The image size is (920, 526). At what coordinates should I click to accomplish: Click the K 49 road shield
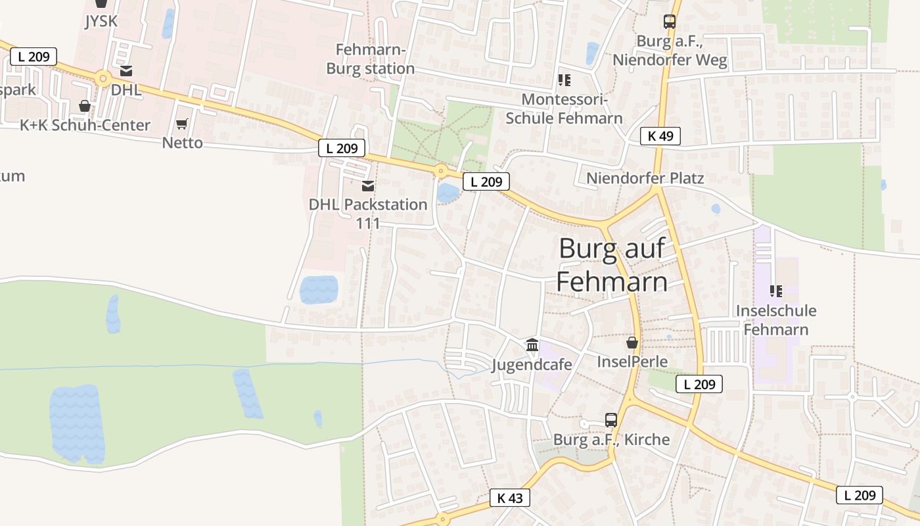[x=660, y=136]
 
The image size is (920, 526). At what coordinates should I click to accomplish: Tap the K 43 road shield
[x=510, y=498]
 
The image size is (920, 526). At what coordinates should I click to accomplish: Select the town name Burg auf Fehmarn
[x=612, y=265]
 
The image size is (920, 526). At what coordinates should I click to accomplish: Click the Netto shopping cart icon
[x=182, y=124]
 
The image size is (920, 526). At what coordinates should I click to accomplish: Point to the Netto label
[x=182, y=143]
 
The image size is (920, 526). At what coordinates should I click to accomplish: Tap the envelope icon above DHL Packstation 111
[x=368, y=186]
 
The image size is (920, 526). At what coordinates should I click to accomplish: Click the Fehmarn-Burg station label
[x=371, y=59]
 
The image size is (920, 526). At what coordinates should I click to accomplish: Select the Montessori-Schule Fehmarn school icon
[x=564, y=80]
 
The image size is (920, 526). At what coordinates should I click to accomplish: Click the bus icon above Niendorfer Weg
[x=670, y=22]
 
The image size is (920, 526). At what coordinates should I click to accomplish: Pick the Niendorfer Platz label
[x=645, y=178]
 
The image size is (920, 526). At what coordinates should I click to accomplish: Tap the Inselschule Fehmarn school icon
[x=776, y=291]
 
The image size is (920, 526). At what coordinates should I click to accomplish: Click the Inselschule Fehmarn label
[x=776, y=320]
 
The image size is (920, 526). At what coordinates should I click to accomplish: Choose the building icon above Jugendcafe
[x=532, y=345]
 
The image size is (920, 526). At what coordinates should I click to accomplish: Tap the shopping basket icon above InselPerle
[x=632, y=343]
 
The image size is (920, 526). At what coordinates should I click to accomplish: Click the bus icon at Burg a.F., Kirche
[x=611, y=419]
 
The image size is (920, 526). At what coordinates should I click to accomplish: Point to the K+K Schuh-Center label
[x=85, y=125]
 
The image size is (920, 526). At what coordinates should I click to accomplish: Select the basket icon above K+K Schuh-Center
[x=85, y=105]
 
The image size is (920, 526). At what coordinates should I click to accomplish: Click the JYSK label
[x=101, y=21]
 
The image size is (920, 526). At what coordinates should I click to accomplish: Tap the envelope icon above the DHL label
[x=126, y=71]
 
